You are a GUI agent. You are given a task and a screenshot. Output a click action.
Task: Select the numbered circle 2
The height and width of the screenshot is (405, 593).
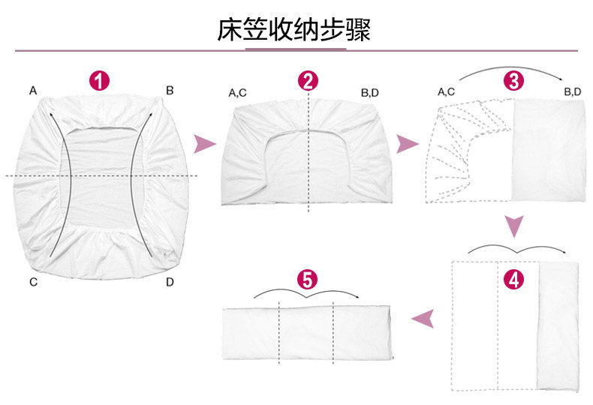308,81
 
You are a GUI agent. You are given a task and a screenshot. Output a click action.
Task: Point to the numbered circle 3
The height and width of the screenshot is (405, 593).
513,81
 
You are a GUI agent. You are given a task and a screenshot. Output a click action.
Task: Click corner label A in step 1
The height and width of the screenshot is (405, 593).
33,91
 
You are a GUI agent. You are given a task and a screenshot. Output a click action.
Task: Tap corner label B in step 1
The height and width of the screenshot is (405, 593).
170,91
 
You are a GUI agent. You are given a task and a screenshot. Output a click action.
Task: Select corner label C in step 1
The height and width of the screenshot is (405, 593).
33,282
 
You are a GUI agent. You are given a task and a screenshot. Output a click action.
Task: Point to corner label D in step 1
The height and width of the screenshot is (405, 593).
170,282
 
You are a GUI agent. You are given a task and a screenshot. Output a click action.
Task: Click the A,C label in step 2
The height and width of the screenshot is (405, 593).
238,93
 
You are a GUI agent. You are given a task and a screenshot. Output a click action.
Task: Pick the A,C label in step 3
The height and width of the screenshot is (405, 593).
446,92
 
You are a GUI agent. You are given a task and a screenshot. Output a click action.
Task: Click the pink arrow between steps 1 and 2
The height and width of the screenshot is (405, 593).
203,144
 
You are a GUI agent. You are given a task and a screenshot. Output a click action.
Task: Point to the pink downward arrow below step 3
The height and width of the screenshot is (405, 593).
513,224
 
